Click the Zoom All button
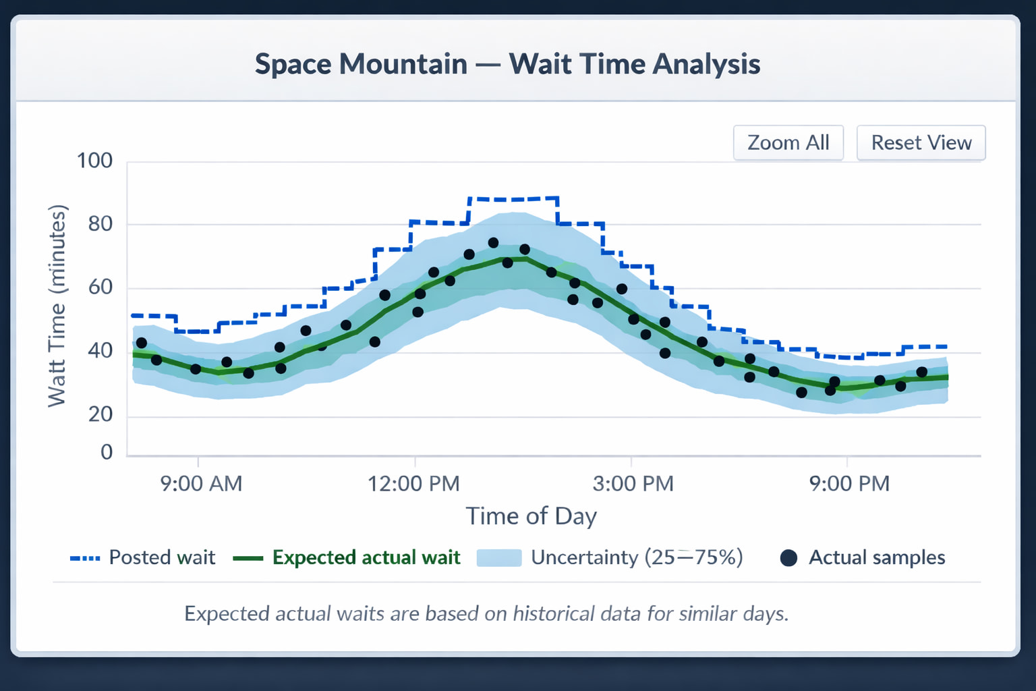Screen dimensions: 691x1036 [x=788, y=143]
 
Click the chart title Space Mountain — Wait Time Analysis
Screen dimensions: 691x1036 [x=507, y=64]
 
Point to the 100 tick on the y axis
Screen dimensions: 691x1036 [x=94, y=161]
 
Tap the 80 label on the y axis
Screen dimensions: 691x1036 [x=100, y=224]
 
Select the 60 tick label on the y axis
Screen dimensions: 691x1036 [x=100, y=287]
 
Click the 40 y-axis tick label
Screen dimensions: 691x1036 [x=100, y=351]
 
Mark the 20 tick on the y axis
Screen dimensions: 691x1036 [x=100, y=414]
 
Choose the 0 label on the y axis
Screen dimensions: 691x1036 [x=107, y=451]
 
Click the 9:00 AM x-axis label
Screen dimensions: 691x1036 [x=201, y=484]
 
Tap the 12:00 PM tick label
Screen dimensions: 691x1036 [x=413, y=484]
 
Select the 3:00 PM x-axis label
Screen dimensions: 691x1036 [x=633, y=484]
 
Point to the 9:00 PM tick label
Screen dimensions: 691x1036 [x=849, y=484]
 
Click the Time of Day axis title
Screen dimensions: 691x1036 [x=531, y=516]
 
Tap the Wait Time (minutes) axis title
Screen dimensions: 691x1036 [x=57, y=305]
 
